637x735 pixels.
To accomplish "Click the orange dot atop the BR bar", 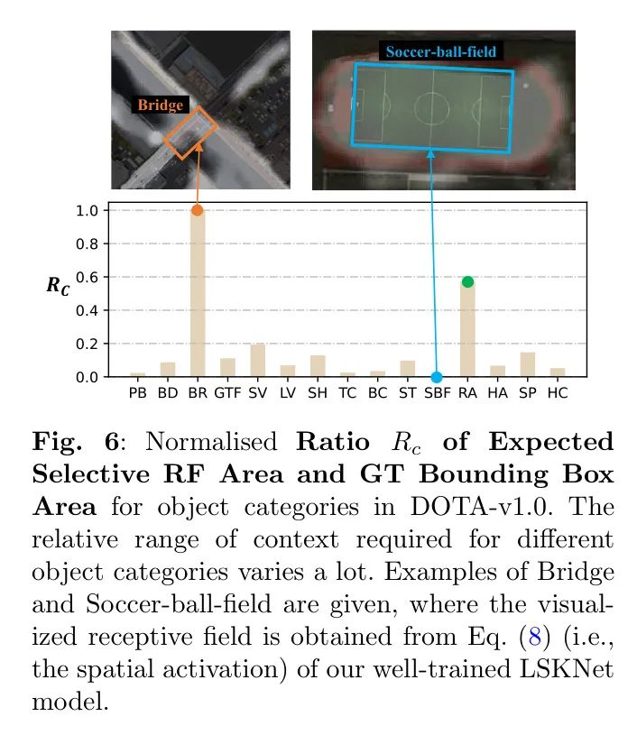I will click(x=197, y=210).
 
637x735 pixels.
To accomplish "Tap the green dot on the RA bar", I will click(x=467, y=282).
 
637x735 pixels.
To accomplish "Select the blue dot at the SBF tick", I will click(x=437, y=377).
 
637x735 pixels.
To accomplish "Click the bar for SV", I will click(x=257, y=361).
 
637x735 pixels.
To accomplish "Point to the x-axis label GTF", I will click(x=227, y=394).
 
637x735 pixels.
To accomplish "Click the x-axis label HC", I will click(x=558, y=394).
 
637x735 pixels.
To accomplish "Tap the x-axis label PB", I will click(x=137, y=394).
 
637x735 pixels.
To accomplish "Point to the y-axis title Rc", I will click(x=59, y=286).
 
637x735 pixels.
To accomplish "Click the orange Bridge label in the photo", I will click(x=161, y=106).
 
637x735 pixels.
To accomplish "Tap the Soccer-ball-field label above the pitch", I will click(x=440, y=51).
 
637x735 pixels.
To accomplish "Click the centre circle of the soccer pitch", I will click(x=431, y=108).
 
